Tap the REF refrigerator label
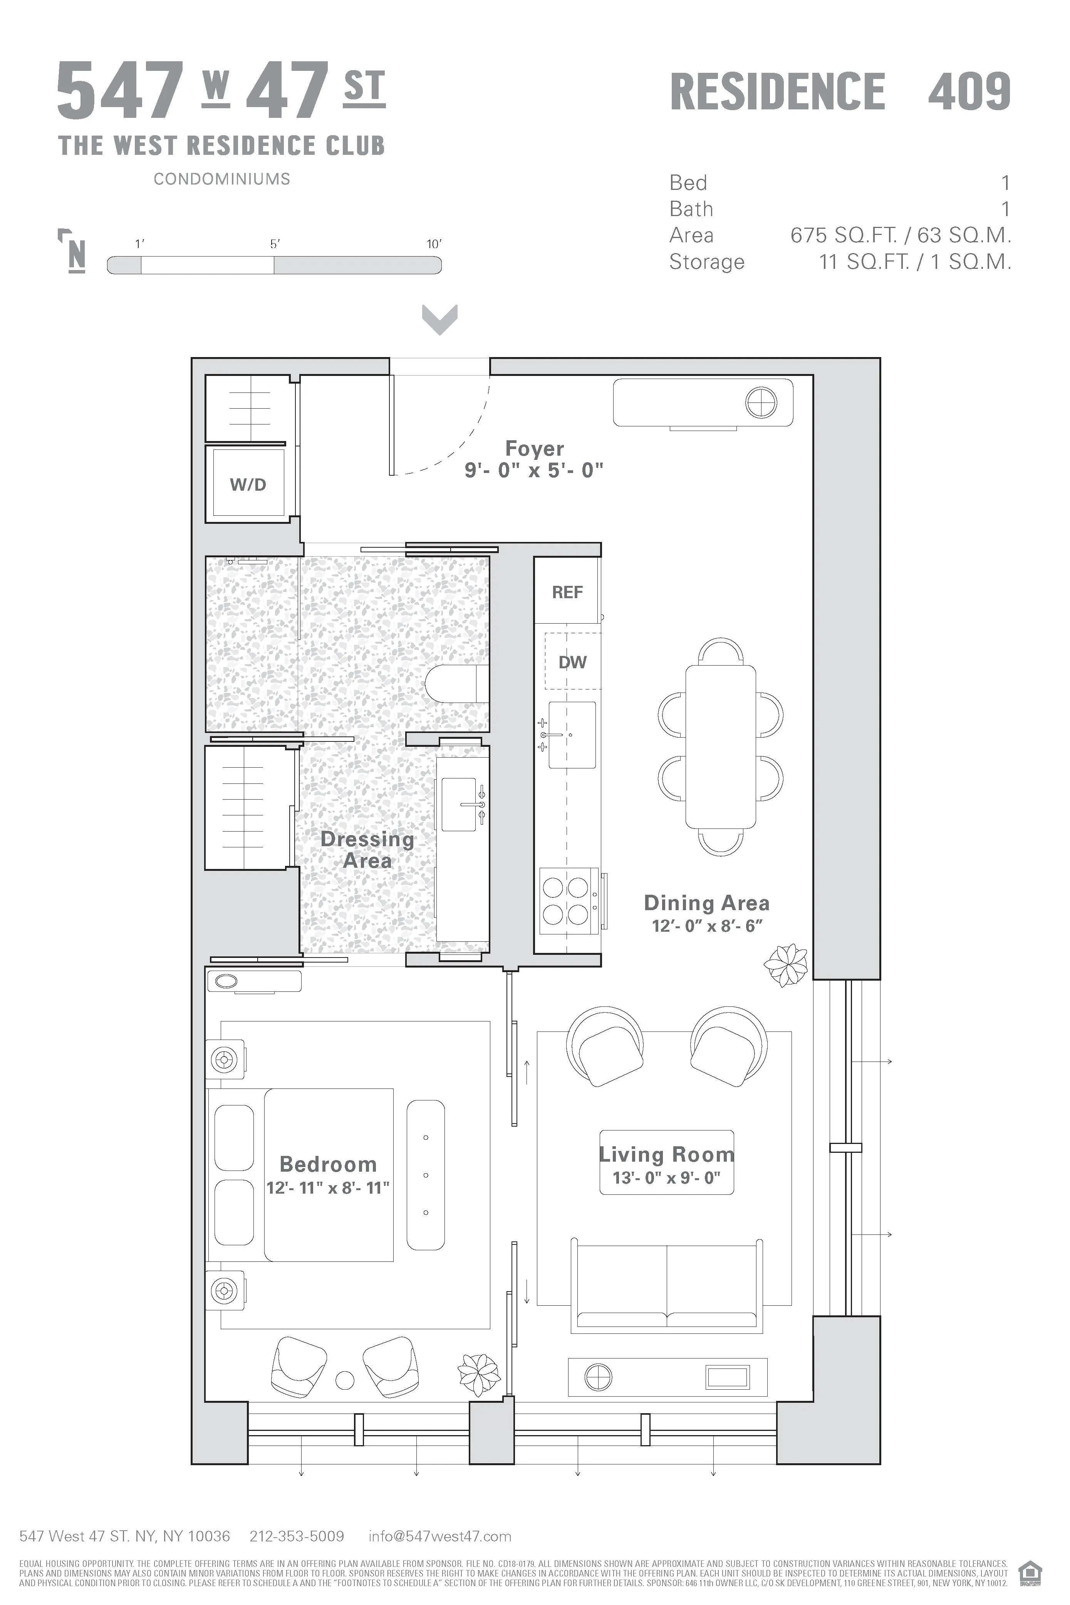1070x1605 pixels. click(x=567, y=592)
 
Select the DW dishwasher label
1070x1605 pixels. click(x=572, y=662)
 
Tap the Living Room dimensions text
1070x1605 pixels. click(x=666, y=1178)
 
